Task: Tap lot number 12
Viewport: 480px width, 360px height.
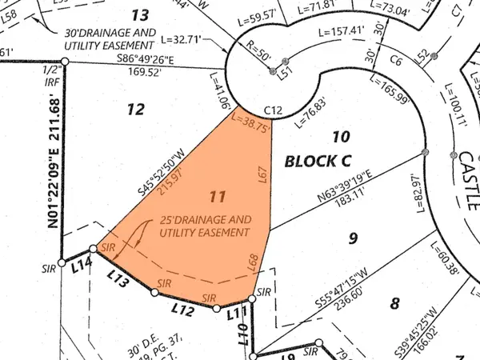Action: (x=136, y=109)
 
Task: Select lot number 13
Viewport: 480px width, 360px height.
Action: (x=140, y=14)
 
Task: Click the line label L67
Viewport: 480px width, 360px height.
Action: (x=262, y=175)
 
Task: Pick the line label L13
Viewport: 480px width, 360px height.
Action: (x=118, y=278)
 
